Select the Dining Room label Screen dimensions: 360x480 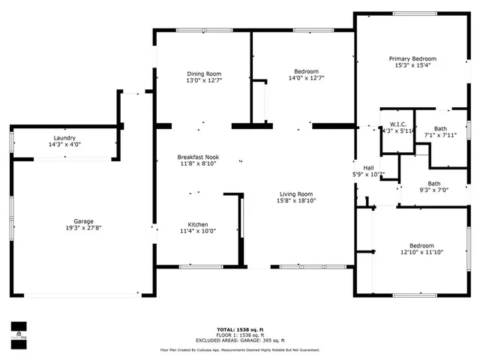point(204,73)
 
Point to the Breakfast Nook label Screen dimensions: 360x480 point(197,157)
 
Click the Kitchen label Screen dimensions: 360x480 point(197,224)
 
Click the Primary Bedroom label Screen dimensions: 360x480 point(412,58)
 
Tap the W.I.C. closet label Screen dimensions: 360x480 point(397,124)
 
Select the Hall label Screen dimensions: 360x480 point(368,168)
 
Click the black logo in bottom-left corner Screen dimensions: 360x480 point(17,331)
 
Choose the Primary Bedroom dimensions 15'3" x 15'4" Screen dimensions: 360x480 point(412,65)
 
